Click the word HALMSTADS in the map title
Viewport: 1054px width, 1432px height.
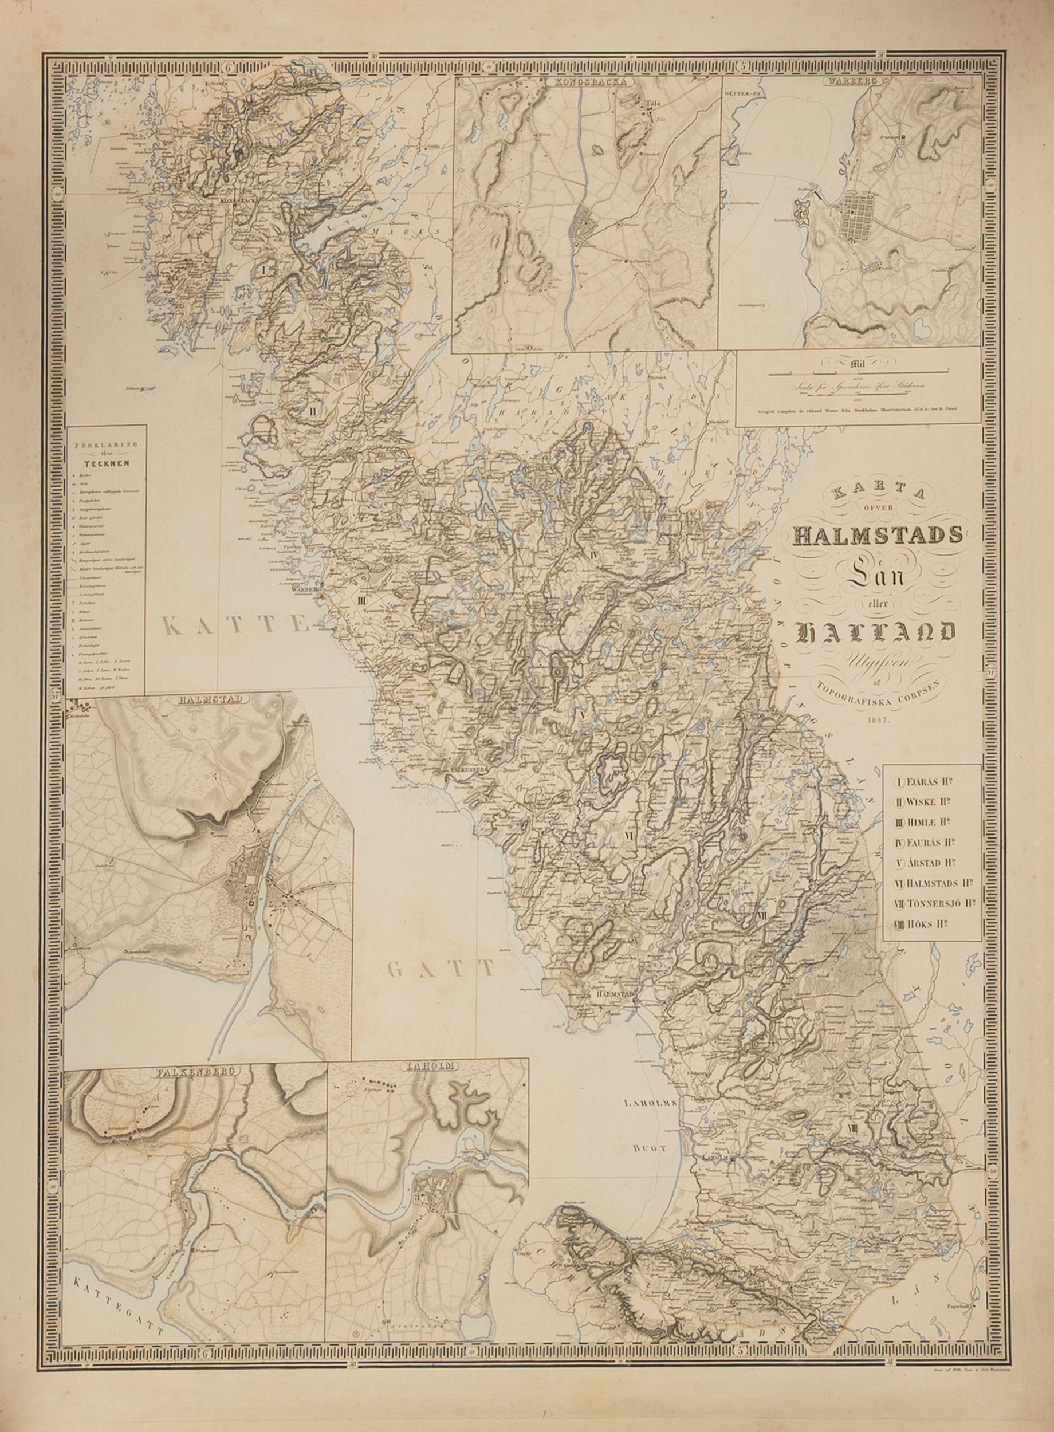click(877, 534)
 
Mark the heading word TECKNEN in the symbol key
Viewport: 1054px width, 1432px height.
click(107, 463)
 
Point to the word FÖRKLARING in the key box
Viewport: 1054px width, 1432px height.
click(107, 444)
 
